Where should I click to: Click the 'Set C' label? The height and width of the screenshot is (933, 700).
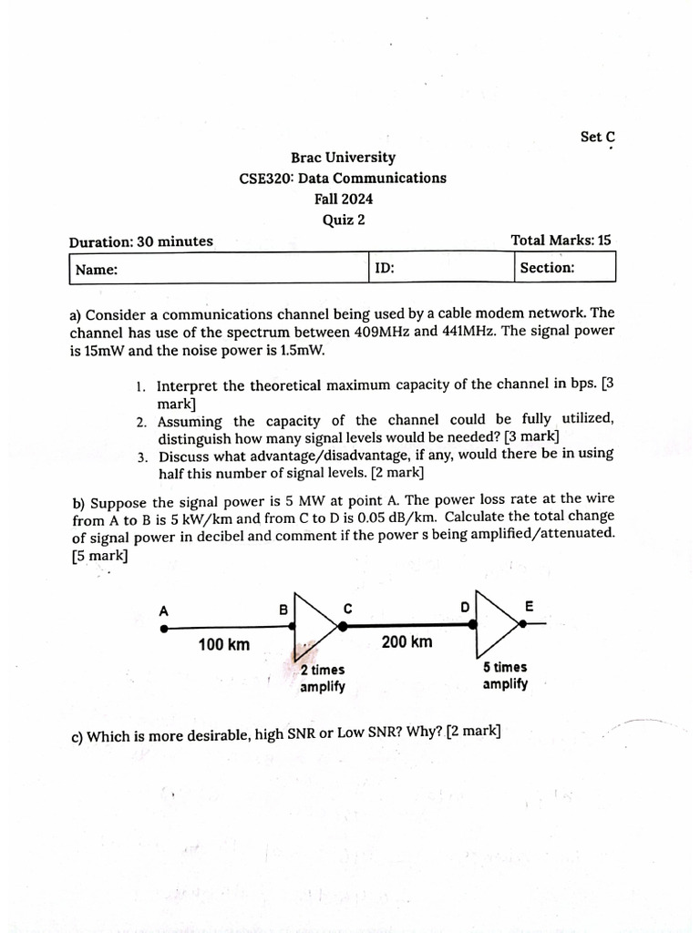(x=597, y=137)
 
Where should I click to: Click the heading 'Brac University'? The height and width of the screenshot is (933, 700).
(x=343, y=158)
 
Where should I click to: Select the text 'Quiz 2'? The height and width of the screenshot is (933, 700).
(x=343, y=219)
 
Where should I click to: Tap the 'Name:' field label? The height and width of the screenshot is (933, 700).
(x=96, y=270)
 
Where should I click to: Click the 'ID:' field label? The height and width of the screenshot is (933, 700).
(x=385, y=268)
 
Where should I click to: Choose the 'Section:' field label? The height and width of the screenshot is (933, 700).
(x=547, y=268)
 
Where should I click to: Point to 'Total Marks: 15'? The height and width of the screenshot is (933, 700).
(x=561, y=241)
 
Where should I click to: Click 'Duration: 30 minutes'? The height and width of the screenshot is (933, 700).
(x=141, y=241)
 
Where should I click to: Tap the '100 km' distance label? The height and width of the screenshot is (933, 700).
(x=224, y=645)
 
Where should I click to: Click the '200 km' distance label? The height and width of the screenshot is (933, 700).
(x=407, y=642)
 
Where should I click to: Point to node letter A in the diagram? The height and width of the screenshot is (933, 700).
(x=164, y=611)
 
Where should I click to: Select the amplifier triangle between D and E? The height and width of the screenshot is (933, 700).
(x=494, y=623)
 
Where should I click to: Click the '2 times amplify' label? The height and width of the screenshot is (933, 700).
(x=323, y=679)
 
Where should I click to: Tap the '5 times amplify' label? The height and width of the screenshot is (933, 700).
(x=505, y=675)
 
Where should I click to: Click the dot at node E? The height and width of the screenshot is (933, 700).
(x=523, y=623)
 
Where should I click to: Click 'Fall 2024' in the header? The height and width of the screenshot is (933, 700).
(x=343, y=199)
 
